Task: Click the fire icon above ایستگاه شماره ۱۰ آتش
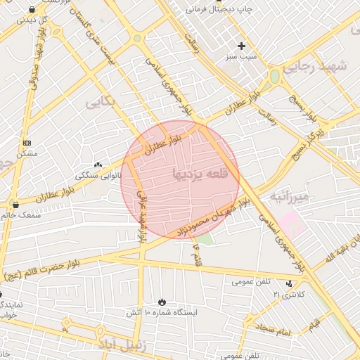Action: coord(162,301)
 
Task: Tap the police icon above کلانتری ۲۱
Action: coord(288,284)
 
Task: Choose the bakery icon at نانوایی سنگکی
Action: coord(98,164)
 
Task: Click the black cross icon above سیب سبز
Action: coord(241,46)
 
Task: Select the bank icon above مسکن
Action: coord(27,143)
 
